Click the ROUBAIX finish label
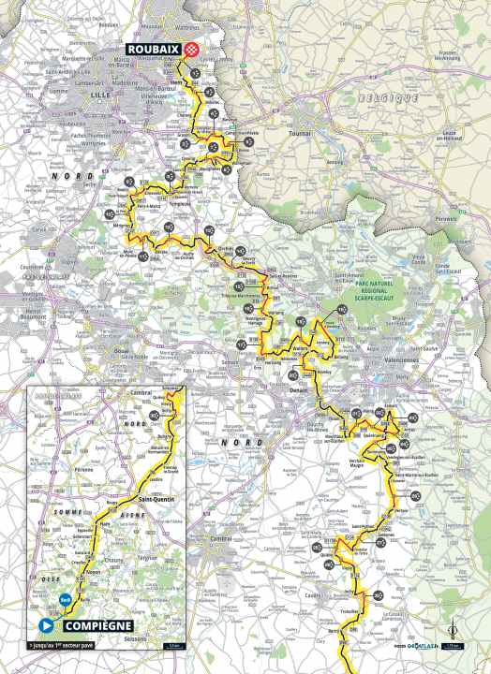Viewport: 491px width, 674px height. pos(150,52)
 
